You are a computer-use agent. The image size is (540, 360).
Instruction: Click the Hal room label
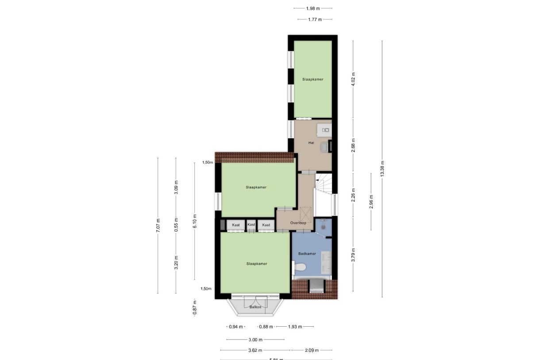(x=311, y=143)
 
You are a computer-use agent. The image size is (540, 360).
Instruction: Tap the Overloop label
(x=298, y=223)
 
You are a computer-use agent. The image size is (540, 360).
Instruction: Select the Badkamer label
(x=307, y=254)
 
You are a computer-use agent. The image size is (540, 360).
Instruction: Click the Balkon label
(x=255, y=307)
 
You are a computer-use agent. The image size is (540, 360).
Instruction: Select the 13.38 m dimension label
(x=382, y=168)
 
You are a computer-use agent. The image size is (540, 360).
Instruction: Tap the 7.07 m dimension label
(x=158, y=225)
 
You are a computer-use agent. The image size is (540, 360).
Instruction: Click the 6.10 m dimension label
(x=194, y=221)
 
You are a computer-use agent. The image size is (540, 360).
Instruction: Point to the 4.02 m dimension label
(x=353, y=80)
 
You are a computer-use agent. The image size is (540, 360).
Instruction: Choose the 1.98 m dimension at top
(x=312, y=8)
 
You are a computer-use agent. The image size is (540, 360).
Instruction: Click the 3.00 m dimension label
(x=255, y=340)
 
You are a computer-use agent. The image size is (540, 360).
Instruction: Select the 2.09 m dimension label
(x=312, y=350)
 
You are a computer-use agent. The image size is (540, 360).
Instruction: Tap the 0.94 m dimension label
(x=235, y=327)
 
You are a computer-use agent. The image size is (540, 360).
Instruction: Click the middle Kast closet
(x=251, y=225)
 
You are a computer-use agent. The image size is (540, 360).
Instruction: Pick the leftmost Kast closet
(x=236, y=225)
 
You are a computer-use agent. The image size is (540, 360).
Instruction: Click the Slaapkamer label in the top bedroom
(x=312, y=79)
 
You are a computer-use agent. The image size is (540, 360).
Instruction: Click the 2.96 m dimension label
(x=371, y=201)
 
